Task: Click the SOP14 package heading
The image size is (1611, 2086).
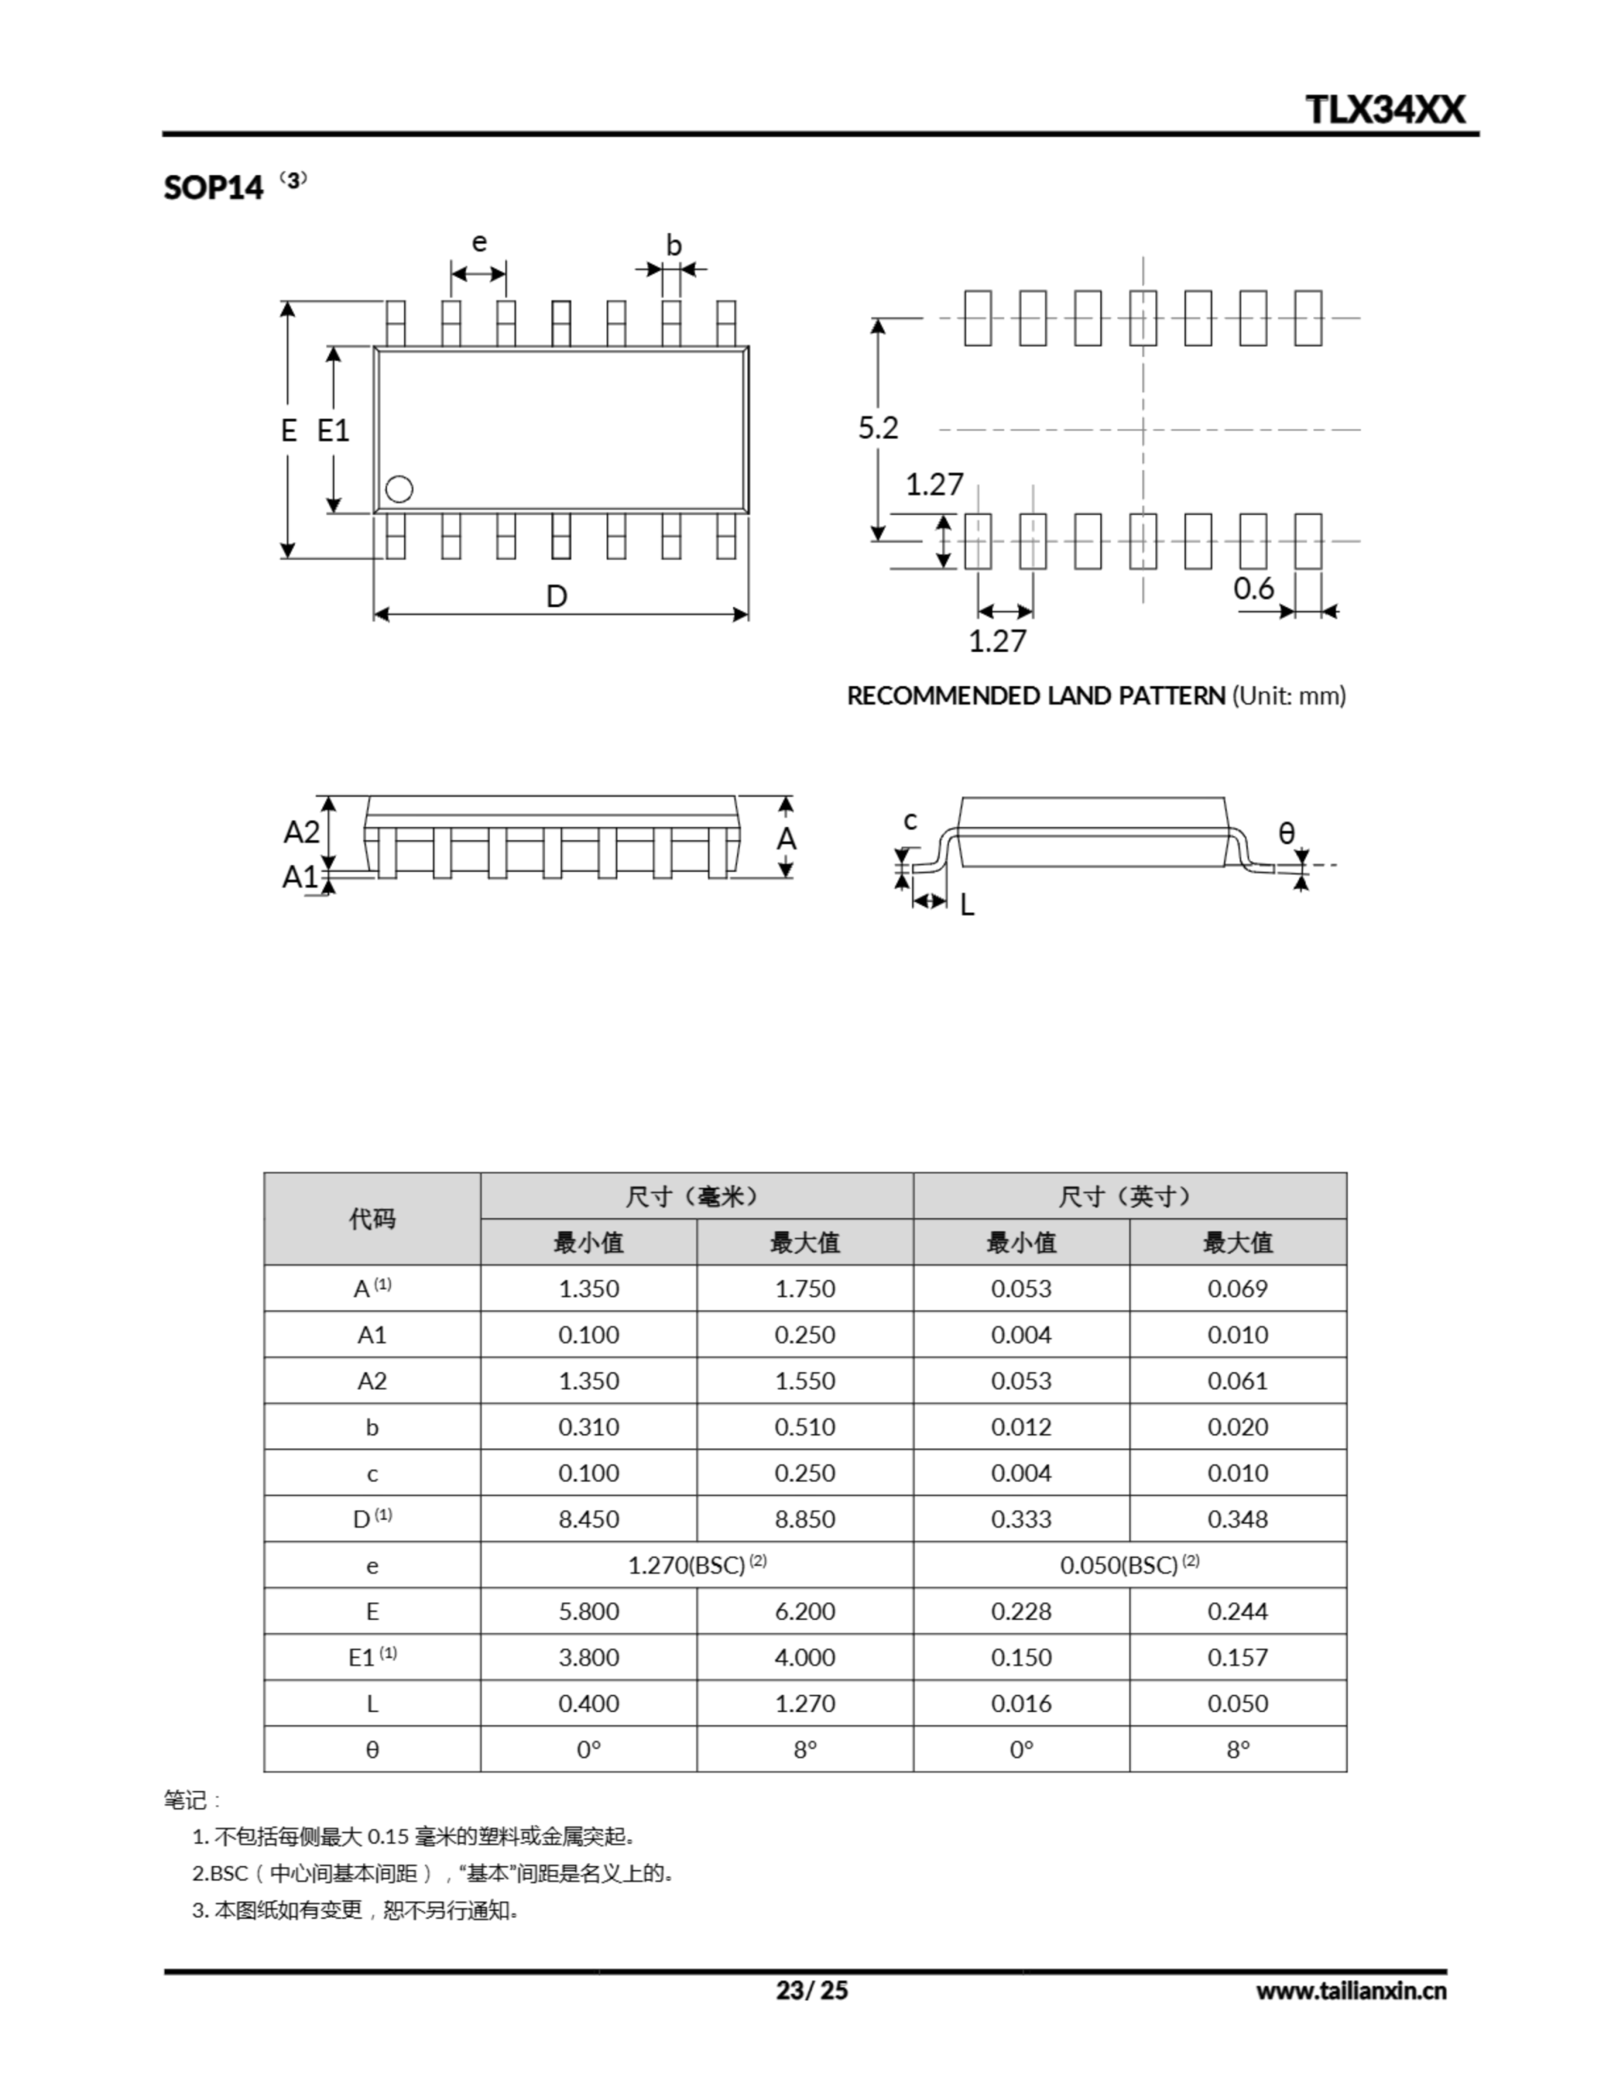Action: click(213, 187)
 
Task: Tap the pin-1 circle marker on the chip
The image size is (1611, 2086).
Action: click(399, 489)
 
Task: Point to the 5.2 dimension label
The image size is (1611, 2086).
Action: click(878, 428)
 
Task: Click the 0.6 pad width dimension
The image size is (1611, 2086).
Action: click(1253, 588)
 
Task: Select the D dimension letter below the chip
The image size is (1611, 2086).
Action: click(557, 597)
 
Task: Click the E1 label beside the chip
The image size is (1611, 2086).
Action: click(333, 431)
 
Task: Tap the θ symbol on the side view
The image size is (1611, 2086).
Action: click(1286, 834)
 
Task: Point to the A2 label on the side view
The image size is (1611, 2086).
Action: click(302, 833)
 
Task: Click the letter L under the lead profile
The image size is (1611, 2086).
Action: click(968, 905)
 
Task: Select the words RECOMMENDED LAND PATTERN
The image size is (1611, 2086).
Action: click(1035, 695)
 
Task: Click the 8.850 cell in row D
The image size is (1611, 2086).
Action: click(804, 1519)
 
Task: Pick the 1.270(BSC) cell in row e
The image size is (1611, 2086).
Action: click(696, 1564)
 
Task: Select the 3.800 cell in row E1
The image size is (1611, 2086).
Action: click(588, 1657)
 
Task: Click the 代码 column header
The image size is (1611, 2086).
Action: click(371, 1219)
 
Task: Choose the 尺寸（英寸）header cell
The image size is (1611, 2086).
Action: click(1129, 1196)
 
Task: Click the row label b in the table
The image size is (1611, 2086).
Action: click(371, 1427)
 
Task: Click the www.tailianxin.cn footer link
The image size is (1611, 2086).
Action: click(1350, 1991)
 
